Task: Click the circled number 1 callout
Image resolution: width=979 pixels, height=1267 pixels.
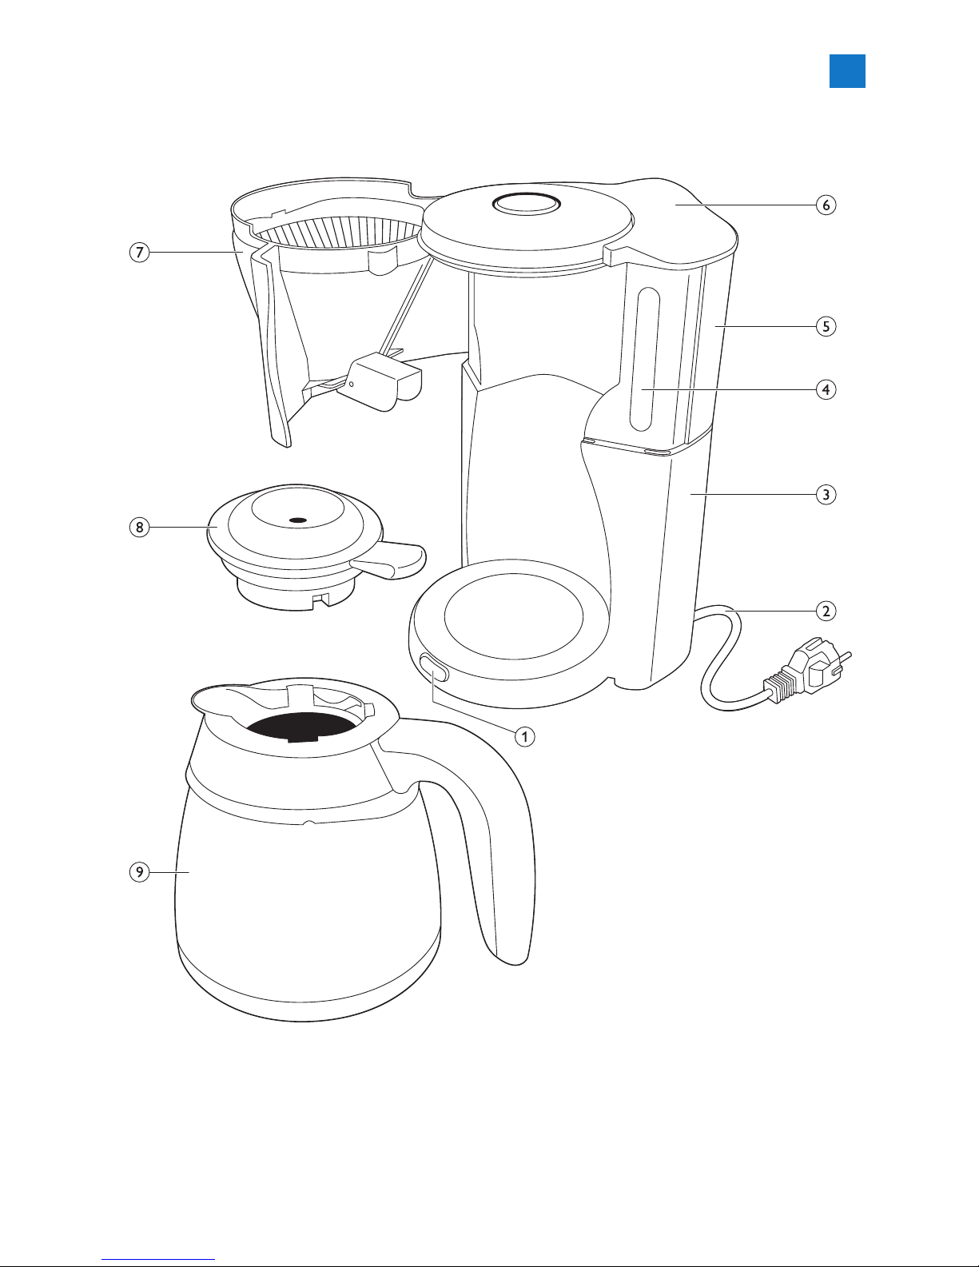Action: (x=524, y=737)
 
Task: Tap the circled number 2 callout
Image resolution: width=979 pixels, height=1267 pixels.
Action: (x=826, y=611)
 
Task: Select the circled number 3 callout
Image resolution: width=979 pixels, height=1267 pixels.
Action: (x=826, y=495)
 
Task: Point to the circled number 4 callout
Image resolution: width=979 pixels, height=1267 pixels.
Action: (x=826, y=389)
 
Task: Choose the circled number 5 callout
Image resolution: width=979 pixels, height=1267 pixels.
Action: (x=826, y=326)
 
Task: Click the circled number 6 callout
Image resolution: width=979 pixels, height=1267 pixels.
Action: (x=826, y=205)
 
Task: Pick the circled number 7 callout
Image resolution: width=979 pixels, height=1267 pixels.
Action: (x=139, y=253)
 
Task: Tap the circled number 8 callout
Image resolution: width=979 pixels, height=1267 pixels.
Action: (x=139, y=528)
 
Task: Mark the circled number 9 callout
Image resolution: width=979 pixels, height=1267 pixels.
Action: (x=139, y=872)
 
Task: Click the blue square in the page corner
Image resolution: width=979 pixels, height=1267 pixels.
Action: (x=847, y=71)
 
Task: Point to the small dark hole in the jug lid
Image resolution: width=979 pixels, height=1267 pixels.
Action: (x=298, y=520)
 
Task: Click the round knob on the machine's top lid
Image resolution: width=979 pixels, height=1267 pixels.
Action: (x=527, y=204)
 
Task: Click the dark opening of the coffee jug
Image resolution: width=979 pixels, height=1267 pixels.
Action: (x=301, y=727)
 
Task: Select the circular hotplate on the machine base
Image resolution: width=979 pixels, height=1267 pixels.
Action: (x=513, y=616)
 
